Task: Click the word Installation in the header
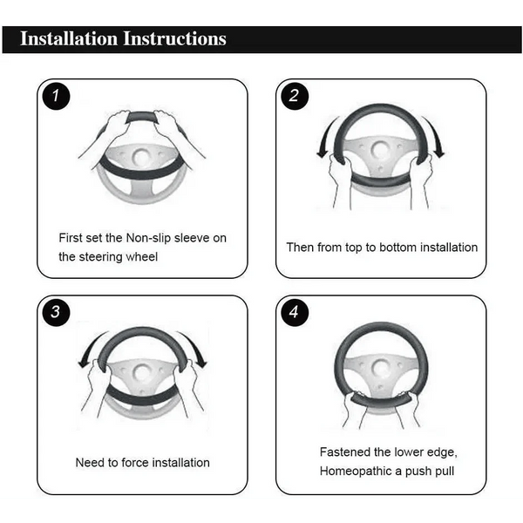(x=69, y=38)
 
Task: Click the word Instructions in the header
(x=175, y=38)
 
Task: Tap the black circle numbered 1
(x=56, y=96)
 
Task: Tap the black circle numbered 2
(x=295, y=96)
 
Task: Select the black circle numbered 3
(x=56, y=312)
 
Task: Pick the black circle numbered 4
(x=295, y=312)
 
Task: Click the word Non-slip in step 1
(x=148, y=238)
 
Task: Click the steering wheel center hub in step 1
(x=141, y=156)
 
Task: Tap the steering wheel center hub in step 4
(x=381, y=369)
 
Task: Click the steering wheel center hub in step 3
(x=142, y=373)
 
